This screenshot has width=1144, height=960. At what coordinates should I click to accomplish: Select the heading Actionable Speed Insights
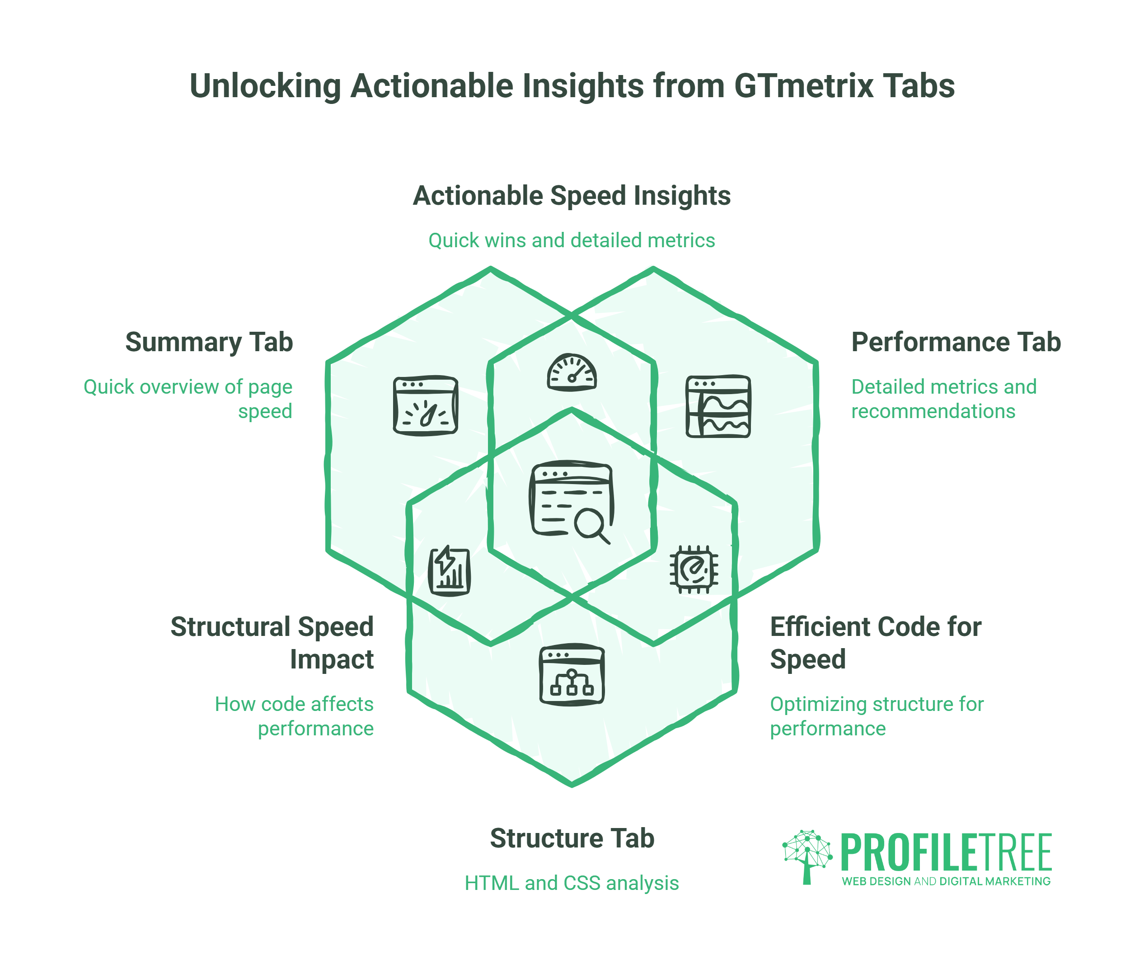[572, 196]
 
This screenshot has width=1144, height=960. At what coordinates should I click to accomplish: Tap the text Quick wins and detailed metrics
[572, 240]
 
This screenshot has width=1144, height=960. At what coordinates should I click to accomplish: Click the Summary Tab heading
[209, 342]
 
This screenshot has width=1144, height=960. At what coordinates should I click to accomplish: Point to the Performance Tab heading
[956, 342]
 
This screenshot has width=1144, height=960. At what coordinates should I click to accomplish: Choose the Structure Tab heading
[572, 838]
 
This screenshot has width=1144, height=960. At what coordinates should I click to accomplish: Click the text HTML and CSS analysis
[572, 883]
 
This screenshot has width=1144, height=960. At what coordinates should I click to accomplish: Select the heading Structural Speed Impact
[272, 643]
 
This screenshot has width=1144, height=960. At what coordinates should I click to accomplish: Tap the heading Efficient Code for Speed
[875, 643]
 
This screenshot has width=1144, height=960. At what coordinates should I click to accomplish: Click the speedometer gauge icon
[572, 373]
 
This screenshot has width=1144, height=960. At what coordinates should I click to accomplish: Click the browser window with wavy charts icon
[718, 406]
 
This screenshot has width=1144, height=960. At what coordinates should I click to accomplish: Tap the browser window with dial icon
[426, 406]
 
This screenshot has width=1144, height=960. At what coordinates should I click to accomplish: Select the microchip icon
[694, 570]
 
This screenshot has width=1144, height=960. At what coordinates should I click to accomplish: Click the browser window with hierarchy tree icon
[572, 674]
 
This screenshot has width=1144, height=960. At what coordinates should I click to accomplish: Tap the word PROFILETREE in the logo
[946, 853]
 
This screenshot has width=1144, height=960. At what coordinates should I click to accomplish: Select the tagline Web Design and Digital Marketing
[946, 881]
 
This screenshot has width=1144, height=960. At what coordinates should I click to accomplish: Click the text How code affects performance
[295, 716]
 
